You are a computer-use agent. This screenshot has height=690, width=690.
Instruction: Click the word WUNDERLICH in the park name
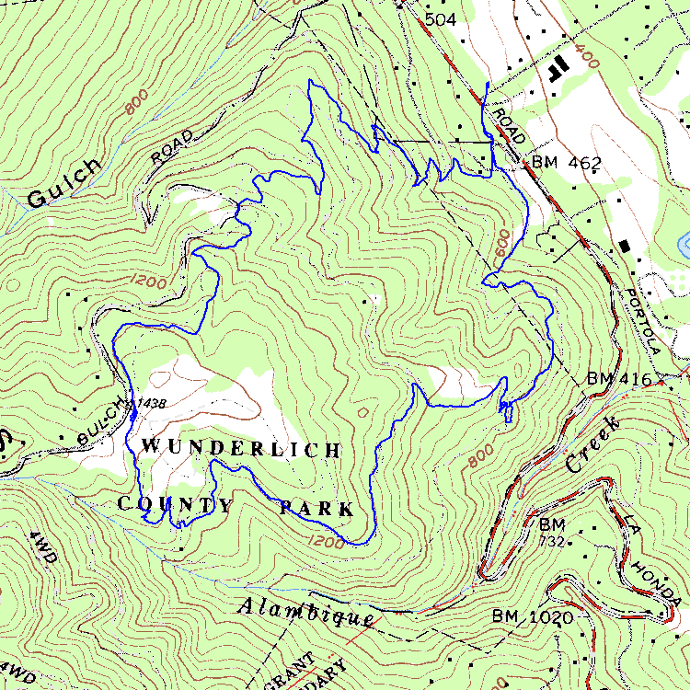tap(241, 449)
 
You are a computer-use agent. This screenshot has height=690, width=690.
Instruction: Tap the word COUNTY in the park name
tap(176, 504)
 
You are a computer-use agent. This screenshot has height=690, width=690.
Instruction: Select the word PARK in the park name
tap(316, 508)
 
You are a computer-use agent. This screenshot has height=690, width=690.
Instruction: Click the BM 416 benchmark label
tap(618, 379)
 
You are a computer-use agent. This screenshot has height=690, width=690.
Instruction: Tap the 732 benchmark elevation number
tap(552, 541)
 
